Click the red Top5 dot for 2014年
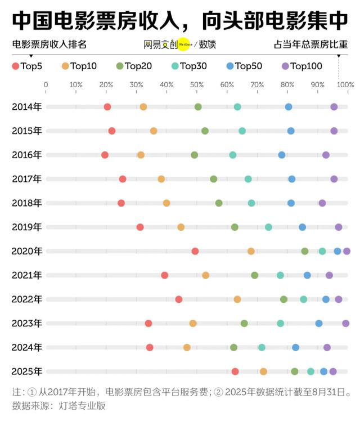(107, 107)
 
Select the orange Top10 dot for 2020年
(251, 251)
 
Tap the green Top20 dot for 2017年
(213, 179)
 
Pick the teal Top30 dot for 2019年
(268, 227)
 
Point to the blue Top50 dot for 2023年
(319, 323)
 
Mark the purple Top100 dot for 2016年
(326, 155)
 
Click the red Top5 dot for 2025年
(235, 371)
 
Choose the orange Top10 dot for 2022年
(237, 299)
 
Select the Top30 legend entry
(188, 66)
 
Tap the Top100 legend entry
(301, 66)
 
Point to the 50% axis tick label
(197, 84)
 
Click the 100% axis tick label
(345, 84)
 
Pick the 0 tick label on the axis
(46, 84)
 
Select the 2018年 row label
(26, 203)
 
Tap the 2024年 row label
(26, 347)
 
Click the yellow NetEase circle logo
(185, 44)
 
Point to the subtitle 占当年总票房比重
(310, 44)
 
